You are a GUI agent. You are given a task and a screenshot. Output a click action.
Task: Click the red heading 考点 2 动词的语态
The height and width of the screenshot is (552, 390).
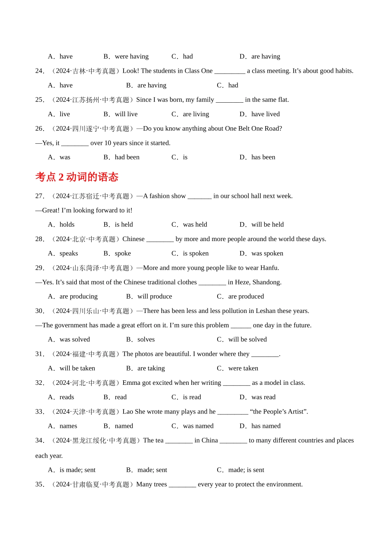77,177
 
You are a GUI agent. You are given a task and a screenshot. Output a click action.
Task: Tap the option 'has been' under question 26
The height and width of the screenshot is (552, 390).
263,157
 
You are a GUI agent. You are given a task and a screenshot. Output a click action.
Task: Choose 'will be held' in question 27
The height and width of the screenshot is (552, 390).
267,225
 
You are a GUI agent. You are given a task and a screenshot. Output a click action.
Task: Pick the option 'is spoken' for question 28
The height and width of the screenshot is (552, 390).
195,253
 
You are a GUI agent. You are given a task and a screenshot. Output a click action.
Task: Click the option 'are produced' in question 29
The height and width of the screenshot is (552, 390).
246,297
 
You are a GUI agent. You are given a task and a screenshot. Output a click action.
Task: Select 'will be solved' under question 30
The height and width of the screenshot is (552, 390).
247,340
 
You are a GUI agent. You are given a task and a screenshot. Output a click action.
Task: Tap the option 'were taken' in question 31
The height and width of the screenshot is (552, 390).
243,368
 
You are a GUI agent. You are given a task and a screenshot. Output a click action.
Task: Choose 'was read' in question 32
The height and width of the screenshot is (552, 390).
263,397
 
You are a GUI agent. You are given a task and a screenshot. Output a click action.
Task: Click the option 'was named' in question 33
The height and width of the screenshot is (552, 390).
198,426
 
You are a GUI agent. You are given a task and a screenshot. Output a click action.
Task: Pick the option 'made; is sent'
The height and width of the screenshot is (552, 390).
246,470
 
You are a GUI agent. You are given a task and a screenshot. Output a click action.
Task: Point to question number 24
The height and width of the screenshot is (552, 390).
39,71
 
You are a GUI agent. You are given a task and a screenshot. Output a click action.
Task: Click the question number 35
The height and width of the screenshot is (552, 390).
39,485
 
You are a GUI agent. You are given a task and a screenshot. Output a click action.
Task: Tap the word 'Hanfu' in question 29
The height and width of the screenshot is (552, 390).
269,268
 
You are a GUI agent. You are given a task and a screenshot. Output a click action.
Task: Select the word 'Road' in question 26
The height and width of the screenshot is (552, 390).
273,129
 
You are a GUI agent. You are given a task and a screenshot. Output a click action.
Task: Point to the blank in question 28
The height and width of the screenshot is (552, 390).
160,239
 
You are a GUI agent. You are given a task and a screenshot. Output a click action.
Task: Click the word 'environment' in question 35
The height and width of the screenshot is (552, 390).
284,485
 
